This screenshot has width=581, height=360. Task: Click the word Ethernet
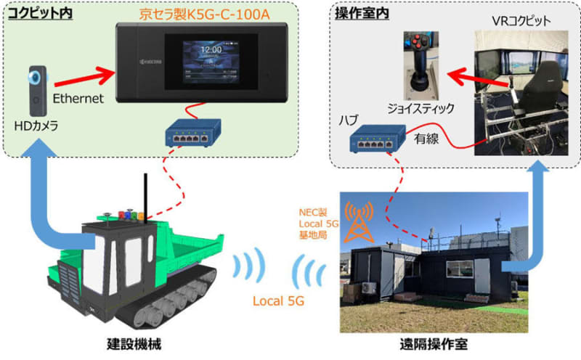coord(78,96)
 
